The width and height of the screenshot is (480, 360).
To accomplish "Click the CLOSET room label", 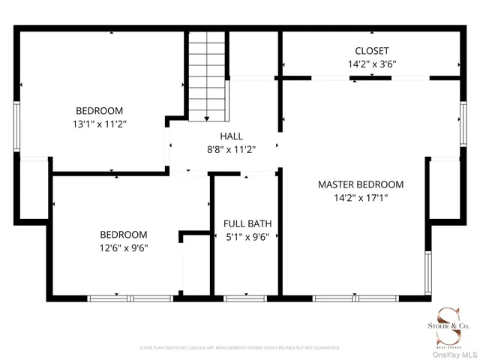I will [x=371, y=51].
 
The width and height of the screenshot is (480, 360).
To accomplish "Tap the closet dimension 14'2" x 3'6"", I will [x=371, y=64].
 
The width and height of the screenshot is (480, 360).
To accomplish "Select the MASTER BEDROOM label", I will [x=360, y=184].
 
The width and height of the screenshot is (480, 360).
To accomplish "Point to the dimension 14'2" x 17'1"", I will [x=360, y=198].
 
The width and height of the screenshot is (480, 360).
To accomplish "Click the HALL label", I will [x=231, y=136].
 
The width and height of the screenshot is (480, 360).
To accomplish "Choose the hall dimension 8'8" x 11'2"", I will [x=231, y=149].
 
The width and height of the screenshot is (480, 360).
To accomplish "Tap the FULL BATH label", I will [x=247, y=223].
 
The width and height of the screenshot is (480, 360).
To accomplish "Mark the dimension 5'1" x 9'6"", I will [x=247, y=237].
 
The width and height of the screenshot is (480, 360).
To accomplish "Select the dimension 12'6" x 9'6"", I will [x=124, y=248].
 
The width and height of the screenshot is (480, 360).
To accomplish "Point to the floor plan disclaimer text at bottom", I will [x=239, y=348].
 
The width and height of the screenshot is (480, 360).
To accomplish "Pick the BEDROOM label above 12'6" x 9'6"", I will [x=124, y=235].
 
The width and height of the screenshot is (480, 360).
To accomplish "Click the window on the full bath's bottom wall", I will [x=246, y=298].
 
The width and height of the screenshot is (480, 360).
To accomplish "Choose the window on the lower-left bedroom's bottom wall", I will [x=131, y=298].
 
